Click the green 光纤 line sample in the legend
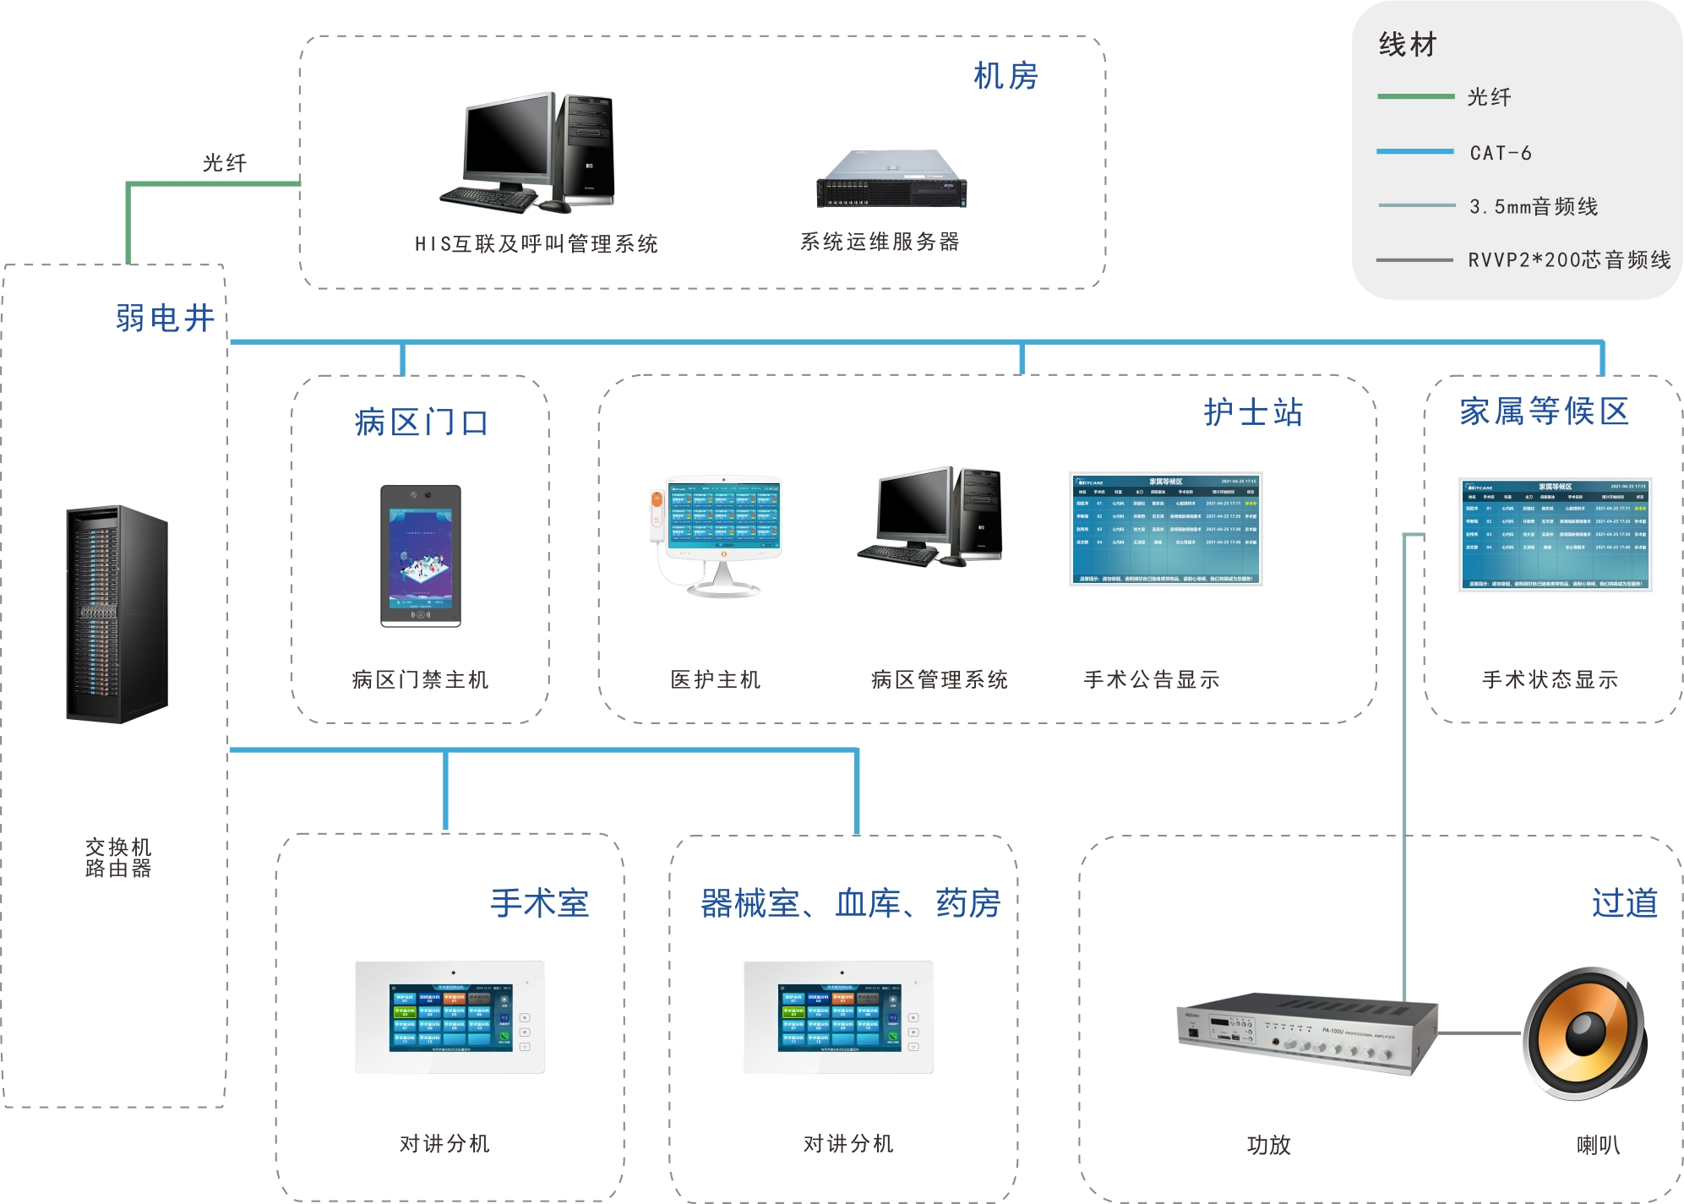[1415, 96]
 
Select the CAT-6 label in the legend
[1501, 153]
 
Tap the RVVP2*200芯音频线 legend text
[1569, 259]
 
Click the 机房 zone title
[1005, 76]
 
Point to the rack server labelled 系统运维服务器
[891, 179]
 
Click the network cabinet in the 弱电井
[117, 614]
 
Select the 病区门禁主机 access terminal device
[421, 555]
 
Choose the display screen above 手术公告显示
[1165, 529]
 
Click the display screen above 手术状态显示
[1555, 534]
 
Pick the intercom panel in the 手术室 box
[450, 1016]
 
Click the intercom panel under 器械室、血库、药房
[838, 1016]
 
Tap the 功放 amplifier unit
[1305, 1032]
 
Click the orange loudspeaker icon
[1584, 1032]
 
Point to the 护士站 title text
[1253, 412]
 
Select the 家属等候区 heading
[1544, 411]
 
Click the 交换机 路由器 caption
[118, 858]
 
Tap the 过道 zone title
[1624, 902]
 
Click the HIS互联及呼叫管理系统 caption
[536, 244]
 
